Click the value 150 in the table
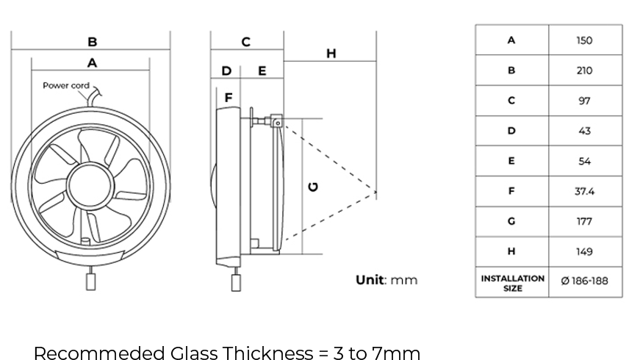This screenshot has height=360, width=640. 584,40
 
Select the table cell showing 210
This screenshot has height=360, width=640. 584,71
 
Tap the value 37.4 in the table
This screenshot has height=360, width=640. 584,191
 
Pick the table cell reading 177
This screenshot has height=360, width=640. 584,221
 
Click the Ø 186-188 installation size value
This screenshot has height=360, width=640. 584,281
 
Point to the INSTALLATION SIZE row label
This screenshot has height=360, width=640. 512,283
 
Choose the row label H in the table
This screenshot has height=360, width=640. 511,251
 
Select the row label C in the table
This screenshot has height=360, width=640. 511,101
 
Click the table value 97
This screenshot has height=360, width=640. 584,101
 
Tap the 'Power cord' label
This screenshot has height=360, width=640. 65,86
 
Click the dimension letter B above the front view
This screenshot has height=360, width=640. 93,42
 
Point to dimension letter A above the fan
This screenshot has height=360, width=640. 92,63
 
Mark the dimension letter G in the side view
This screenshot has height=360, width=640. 314,187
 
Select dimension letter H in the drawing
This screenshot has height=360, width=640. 331,53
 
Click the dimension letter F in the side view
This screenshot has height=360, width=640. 229,97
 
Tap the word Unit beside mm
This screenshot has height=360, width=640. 370,280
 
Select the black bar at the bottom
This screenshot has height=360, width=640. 226,353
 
